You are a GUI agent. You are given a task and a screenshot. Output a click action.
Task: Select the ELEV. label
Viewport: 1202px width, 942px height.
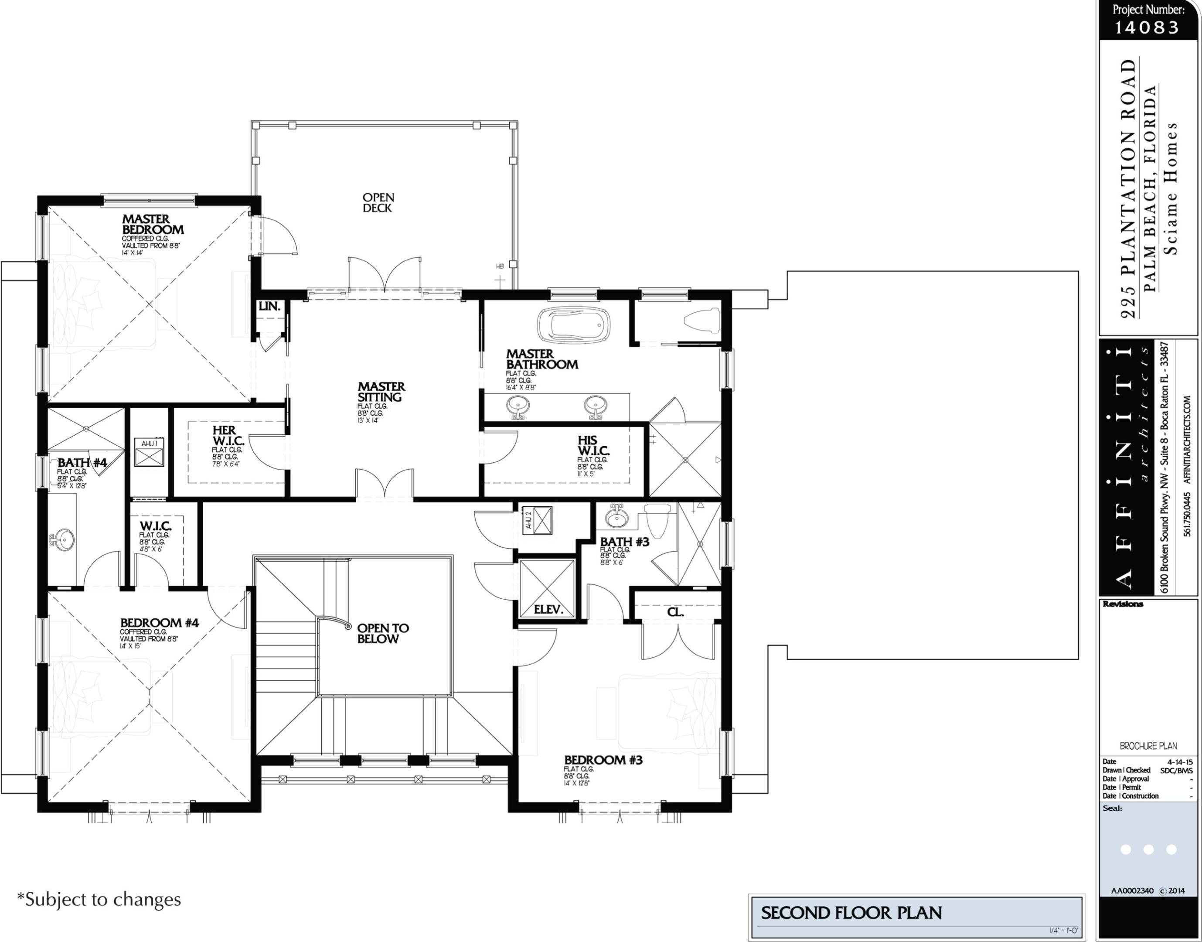pyautogui.click(x=548, y=609)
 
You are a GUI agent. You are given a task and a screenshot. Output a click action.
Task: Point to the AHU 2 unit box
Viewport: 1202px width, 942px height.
pyautogui.click(x=538, y=520)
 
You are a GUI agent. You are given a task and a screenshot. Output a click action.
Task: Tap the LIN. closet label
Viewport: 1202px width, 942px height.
pyautogui.click(x=269, y=306)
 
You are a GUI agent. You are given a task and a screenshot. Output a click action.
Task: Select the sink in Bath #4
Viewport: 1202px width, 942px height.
pyautogui.click(x=63, y=539)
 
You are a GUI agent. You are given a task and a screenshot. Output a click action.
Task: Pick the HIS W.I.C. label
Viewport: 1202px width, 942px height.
pyautogui.click(x=593, y=446)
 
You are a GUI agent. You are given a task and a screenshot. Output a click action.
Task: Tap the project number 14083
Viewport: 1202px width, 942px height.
pyautogui.click(x=1147, y=27)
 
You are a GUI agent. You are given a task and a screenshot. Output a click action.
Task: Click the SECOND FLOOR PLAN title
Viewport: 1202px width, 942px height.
pyautogui.click(x=851, y=913)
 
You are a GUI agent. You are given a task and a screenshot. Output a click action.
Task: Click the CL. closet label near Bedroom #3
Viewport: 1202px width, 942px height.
pyautogui.click(x=675, y=612)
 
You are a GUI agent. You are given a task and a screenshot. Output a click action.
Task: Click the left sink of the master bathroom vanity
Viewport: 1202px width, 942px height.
pyautogui.click(x=518, y=406)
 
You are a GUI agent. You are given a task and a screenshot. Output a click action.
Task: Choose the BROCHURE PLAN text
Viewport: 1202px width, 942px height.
pyautogui.click(x=1148, y=746)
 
